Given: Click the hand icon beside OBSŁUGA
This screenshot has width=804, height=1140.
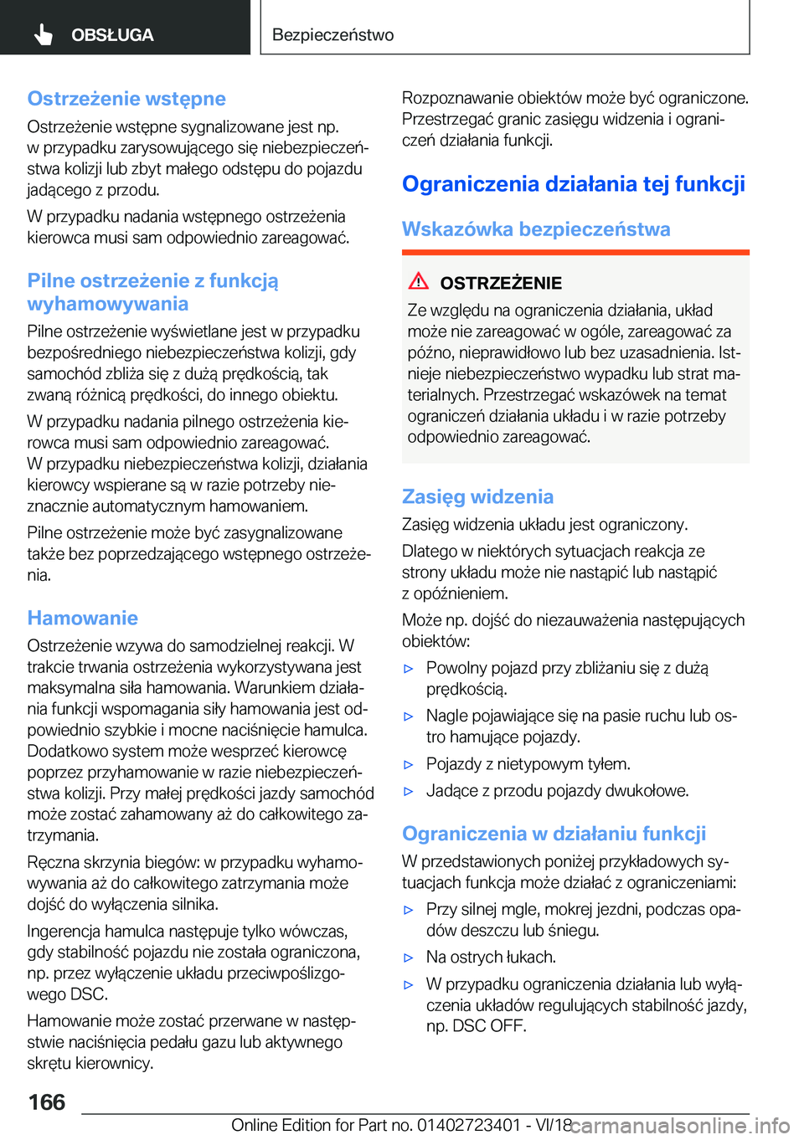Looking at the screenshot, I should pyautogui.click(x=44, y=34).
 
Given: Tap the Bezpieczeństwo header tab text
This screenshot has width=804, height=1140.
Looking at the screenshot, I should pyautogui.click(x=332, y=35).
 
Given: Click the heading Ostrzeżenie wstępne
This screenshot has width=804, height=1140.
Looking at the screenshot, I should pyautogui.click(x=126, y=99).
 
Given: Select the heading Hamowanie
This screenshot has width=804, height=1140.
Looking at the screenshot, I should pyautogui.click(x=83, y=618).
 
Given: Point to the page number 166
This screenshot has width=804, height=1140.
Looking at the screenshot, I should pyautogui.click(x=47, y=1101).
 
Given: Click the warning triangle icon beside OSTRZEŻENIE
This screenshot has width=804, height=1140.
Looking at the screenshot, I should pyautogui.click(x=419, y=281).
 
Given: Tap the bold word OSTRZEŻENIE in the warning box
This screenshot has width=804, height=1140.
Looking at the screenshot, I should pyautogui.click(x=501, y=283).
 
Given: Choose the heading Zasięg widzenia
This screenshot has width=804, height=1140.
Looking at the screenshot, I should pyautogui.click(x=477, y=496).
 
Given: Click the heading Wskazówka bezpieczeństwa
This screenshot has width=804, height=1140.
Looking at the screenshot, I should pyautogui.click(x=536, y=229).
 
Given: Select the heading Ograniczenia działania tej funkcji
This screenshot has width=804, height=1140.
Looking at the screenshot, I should pyautogui.click(x=573, y=184).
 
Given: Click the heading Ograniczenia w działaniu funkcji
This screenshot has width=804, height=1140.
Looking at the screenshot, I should pyautogui.click(x=554, y=834).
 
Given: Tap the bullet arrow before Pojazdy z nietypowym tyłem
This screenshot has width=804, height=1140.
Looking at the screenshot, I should pyautogui.click(x=409, y=764).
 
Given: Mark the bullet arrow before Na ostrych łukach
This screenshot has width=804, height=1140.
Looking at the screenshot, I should pyautogui.click(x=409, y=958).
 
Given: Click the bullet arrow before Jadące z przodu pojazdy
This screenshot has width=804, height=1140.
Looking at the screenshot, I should pyautogui.click(x=409, y=791).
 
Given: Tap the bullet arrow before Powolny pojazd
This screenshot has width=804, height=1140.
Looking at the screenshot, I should pyautogui.click(x=409, y=669).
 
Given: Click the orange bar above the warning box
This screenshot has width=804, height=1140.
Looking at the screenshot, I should pyautogui.click(x=575, y=252).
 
